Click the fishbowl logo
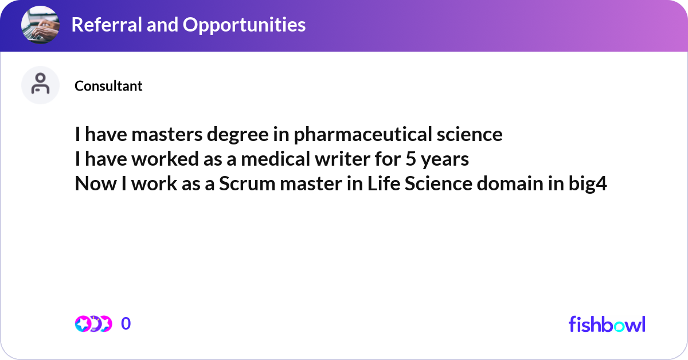[607, 324]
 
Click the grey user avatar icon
[40, 85]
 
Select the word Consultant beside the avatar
[108, 86]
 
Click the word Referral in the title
[103, 25]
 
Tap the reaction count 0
[126, 324]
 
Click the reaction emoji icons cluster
[93, 324]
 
